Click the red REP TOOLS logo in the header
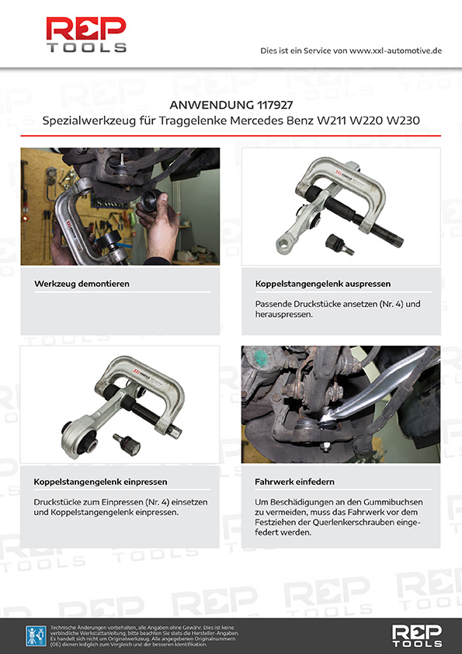click(x=86, y=35)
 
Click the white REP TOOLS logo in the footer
click(x=416, y=635)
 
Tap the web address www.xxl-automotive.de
click(x=395, y=51)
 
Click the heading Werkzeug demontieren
click(x=82, y=284)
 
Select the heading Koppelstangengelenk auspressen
click(x=323, y=284)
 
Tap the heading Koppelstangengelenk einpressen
click(x=100, y=482)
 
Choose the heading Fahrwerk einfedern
click(x=294, y=482)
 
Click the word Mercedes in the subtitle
click(x=256, y=120)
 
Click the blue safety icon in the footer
click(x=36, y=635)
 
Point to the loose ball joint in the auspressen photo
click(x=339, y=244)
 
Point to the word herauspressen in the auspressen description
click(x=283, y=315)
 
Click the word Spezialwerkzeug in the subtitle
click(x=89, y=121)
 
